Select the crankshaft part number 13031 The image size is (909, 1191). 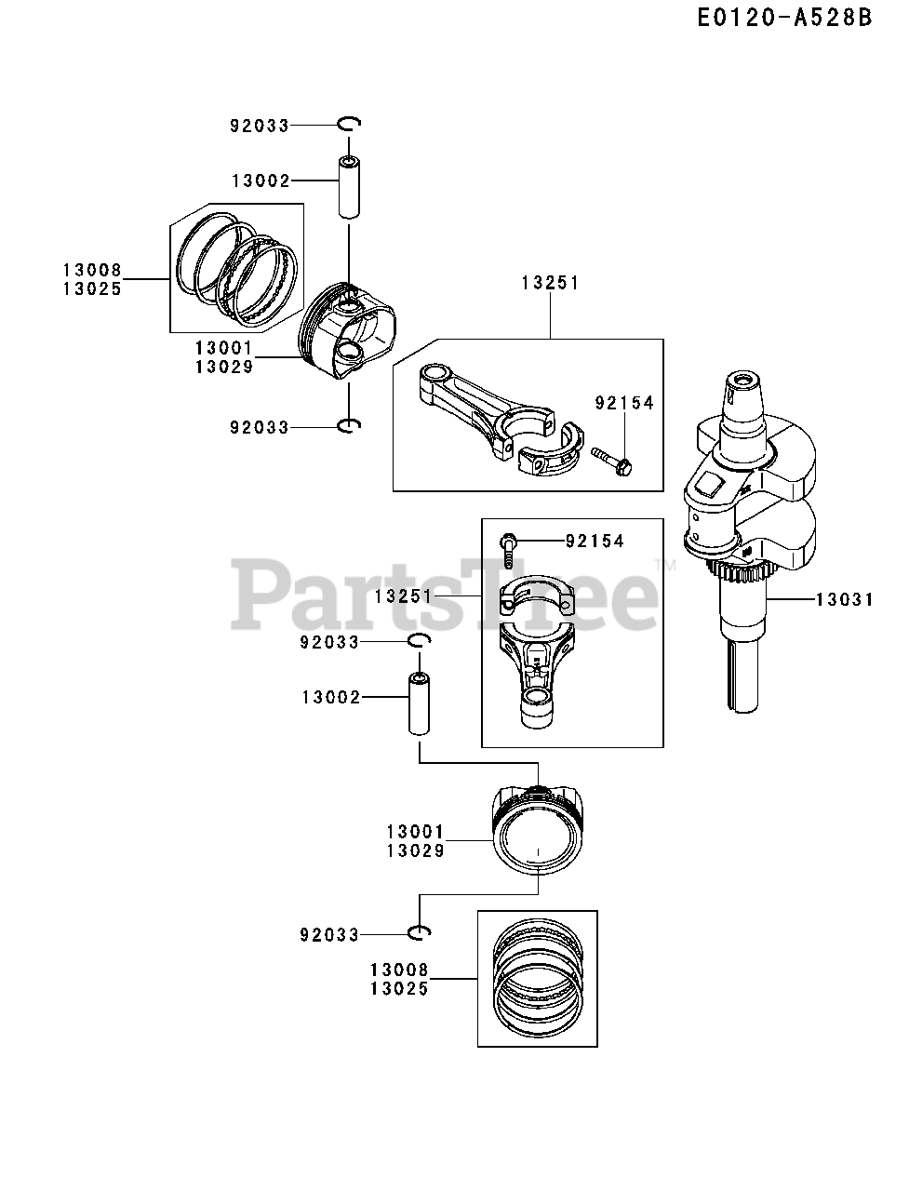coord(844,600)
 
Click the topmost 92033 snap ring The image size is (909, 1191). coord(349,124)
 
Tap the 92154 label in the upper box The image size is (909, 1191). coord(624,403)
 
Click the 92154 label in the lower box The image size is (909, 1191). coord(594,541)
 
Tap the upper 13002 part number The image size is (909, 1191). coord(261,181)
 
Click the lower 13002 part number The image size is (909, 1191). coord(331,696)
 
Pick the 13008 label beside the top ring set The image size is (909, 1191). coord(92,271)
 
